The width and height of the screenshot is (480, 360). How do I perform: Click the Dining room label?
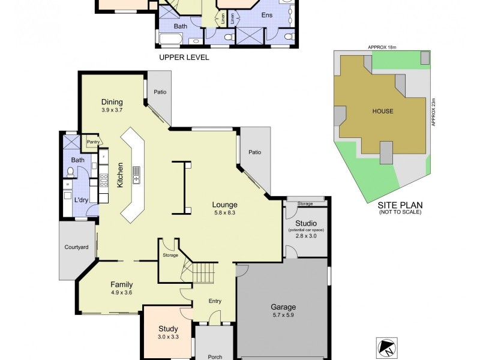[x=112, y=101]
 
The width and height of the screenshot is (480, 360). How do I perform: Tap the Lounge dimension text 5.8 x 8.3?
[x=225, y=212]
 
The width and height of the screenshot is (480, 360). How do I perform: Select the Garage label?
[x=283, y=307]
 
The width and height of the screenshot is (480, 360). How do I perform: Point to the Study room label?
[x=167, y=328]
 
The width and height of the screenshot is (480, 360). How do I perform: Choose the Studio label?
[x=306, y=223]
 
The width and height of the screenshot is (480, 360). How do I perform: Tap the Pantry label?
[x=92, y=142]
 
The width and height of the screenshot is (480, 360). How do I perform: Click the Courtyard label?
[x=76, y=247]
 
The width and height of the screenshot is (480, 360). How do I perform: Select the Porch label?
[x=215, y=356]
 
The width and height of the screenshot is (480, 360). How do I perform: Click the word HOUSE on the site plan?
[x=382, y=111]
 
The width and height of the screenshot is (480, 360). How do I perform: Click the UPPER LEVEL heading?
[x=184, y=58]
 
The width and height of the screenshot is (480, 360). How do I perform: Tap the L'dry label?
[x=80, y=200]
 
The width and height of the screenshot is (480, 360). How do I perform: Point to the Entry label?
[x=215, y=301]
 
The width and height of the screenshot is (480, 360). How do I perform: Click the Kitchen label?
[x=120, y=175]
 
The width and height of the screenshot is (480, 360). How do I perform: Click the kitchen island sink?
[x=136, y=178]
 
